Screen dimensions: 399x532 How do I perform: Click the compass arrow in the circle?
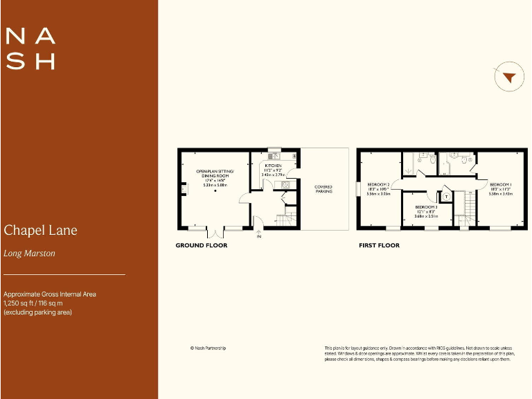[509, 78]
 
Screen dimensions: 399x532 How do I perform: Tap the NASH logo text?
[30, 48]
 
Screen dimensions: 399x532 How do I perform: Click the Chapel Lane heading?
[40, 230]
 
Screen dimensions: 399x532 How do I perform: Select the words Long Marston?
[29, 254]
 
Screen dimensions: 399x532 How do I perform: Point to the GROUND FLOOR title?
[201, 245]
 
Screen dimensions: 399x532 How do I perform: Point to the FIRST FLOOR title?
[379, 245]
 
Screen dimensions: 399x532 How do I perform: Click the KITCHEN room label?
[272, 166]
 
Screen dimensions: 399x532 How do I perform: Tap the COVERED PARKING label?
[323, 188]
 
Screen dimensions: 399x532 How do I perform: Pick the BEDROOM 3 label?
[426, 207]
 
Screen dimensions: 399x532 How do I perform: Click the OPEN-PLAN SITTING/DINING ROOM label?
[215, 173]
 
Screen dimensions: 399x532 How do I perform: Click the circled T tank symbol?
[447, 196]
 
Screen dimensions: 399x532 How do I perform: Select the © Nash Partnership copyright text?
[208, 348]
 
